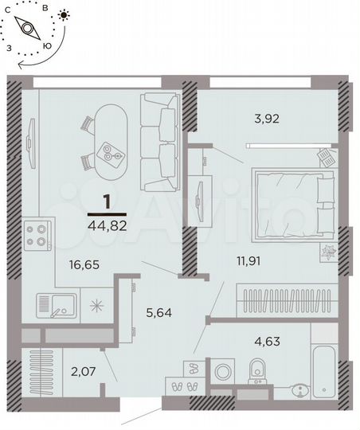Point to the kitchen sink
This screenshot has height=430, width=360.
[x=57, y=303]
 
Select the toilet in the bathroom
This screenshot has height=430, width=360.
[x=256, y=370]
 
